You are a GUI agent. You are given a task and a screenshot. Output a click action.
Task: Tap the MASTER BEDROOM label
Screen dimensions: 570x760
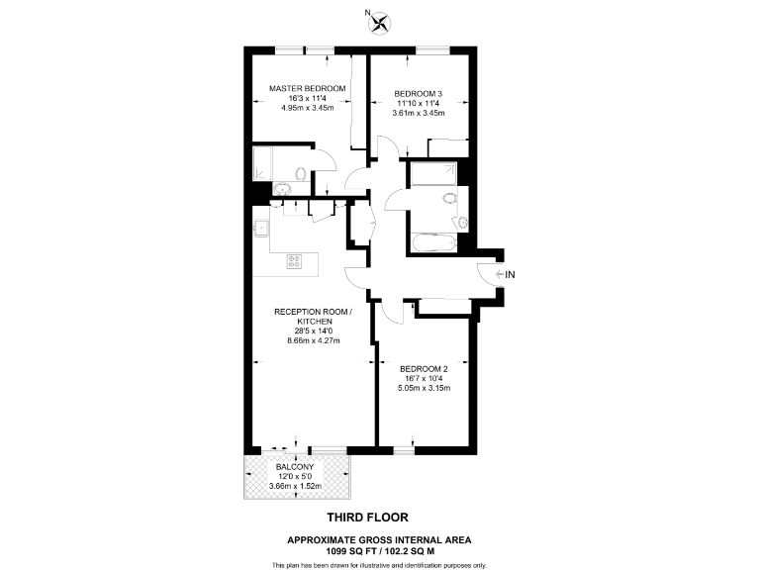308,88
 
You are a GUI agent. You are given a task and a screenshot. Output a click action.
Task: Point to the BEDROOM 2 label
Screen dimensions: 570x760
427,368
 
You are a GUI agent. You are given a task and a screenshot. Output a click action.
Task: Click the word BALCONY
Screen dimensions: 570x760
297,466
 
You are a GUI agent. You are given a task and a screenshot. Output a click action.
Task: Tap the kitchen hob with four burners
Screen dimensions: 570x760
295,261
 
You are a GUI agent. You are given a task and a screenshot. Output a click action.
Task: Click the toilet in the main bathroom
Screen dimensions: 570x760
452,197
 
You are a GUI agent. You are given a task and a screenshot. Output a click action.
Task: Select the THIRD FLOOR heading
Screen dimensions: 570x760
367,517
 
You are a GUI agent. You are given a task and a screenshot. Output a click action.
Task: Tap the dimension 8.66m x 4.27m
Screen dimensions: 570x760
307,340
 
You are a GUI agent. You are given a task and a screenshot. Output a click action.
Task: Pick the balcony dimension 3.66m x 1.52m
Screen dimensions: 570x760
297,485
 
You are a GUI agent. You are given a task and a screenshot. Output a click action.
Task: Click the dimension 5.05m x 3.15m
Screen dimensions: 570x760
427,388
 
